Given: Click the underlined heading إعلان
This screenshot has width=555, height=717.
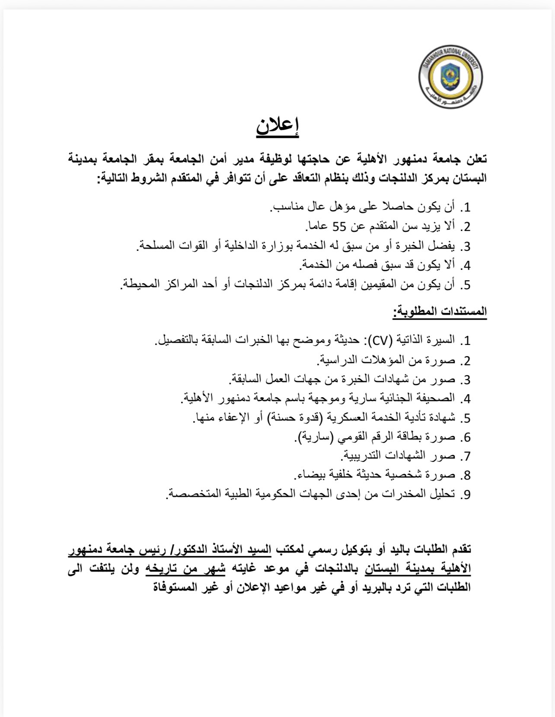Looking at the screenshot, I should coord(277,126).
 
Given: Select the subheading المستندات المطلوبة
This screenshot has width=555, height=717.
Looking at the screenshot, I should coord(440,311).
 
